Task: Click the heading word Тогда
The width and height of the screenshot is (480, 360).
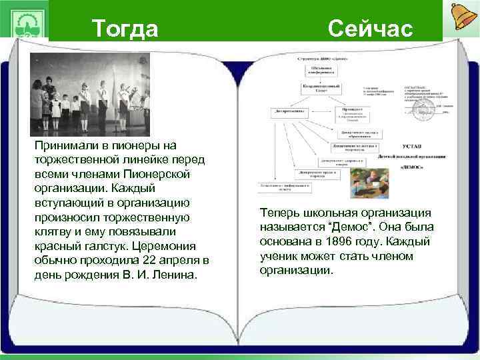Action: (125, 29)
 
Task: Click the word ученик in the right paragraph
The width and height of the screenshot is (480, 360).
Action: (280, 256)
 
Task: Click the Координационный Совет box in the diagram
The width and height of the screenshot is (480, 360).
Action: (320, 89)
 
